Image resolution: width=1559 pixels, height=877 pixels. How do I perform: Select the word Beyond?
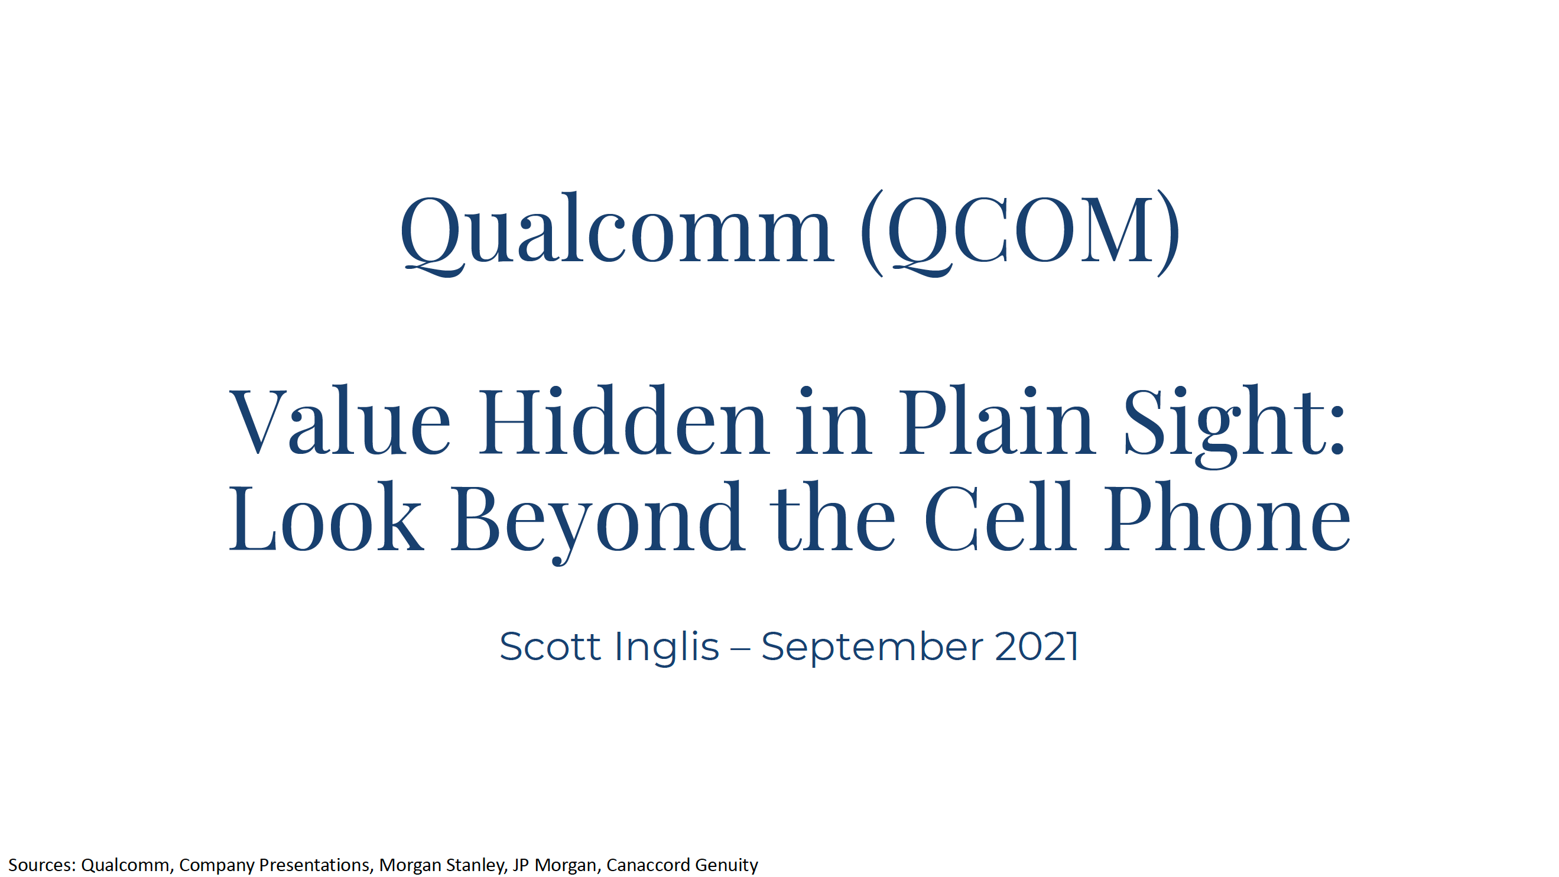coord(596,521)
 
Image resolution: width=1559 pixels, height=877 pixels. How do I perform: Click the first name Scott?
coord(549,647)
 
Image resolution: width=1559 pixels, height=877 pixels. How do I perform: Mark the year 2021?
coord(1037,647)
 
